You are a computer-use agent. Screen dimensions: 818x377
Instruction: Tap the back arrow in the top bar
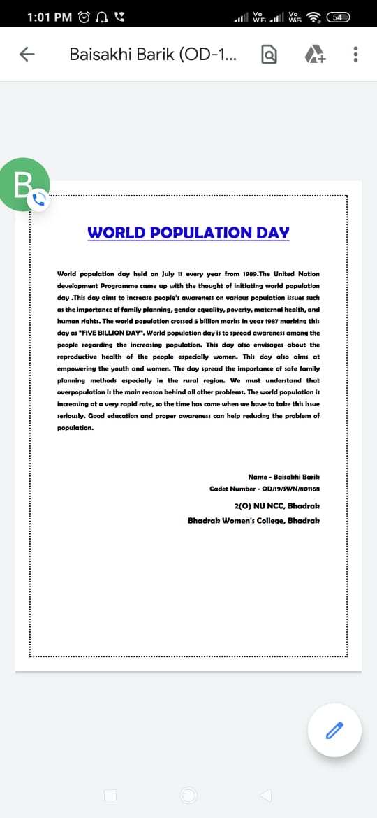tap(27, 55)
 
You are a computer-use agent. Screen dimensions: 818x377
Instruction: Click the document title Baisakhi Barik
tap(152, 55)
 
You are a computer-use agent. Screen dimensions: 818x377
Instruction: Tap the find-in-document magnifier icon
tap(268, 55)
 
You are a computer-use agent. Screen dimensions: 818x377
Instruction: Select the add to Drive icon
tap(315, 55)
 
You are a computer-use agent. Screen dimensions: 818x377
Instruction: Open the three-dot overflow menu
tap(356, 55)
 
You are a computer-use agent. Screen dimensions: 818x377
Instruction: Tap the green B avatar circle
tap(24, 184)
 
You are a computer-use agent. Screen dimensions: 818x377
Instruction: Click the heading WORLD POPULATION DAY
tap(188, 233)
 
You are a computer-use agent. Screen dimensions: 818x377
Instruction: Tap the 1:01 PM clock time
tap(49, 16)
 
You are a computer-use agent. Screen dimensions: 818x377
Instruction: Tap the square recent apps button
tap(110, 795)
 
